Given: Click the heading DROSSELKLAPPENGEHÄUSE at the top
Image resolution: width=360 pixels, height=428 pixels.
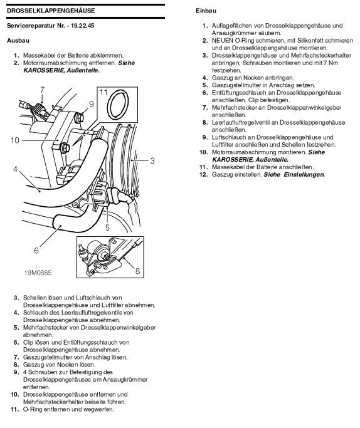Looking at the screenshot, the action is click(x=51, y=11).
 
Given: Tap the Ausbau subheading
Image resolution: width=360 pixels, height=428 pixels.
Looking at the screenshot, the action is click(x=18, y=40).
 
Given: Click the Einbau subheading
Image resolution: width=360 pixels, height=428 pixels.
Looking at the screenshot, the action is click(x=206, y=11).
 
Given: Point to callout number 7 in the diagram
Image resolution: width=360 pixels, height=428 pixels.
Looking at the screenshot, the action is click(x=42, y=90).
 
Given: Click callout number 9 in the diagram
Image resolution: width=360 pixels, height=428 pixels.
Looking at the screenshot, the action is click(x=91, y=104).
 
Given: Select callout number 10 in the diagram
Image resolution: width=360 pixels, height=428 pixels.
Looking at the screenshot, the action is click(x=15, y=140).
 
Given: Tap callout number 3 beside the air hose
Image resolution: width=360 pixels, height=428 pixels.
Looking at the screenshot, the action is click(x=152, y=160).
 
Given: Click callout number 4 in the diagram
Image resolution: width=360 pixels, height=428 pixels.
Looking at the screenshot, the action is click(x=15, y=169).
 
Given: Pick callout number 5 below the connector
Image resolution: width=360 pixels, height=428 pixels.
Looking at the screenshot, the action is click(x=107, y=227).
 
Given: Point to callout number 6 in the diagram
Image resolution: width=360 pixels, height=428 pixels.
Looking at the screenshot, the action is click(x=36, y=250).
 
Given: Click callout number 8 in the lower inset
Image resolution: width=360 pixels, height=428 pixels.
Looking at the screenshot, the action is click(x=137, y=271).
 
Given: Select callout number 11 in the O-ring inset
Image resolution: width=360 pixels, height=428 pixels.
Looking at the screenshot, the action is click(x=103, y=92).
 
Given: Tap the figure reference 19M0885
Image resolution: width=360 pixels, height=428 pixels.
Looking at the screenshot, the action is click(x=38, y=273).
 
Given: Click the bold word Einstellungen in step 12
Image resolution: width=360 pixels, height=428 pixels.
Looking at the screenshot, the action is click(x=304, y=174).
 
